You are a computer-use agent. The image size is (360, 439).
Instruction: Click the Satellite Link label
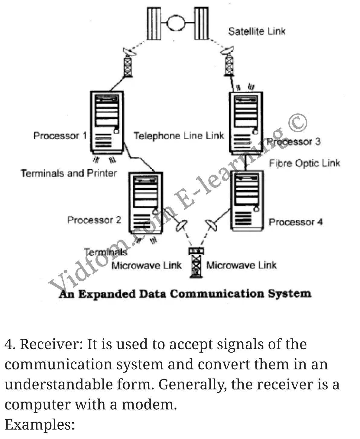pos(257,31)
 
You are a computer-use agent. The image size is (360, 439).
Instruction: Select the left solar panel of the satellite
pos(154,24)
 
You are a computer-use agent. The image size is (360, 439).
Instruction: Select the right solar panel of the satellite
pos(201,24)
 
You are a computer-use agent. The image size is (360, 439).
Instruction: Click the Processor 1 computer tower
pos(107,122)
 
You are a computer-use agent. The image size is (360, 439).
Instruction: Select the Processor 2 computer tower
pos(146,203)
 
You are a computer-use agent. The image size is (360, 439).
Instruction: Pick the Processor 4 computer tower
pos(247,201)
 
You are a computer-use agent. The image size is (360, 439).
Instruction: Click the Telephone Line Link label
pos(179,136)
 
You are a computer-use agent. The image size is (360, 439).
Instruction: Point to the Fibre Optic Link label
pos(304,163)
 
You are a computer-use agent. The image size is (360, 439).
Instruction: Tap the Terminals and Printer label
pos(69,173)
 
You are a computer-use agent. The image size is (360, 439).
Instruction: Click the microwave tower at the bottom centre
pos(196,262)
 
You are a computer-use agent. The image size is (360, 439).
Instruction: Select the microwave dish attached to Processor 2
pos(182,225)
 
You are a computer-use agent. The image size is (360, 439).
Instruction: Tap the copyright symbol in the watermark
pos(298,122)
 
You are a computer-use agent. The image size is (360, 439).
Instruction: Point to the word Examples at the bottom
pos(40,424)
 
